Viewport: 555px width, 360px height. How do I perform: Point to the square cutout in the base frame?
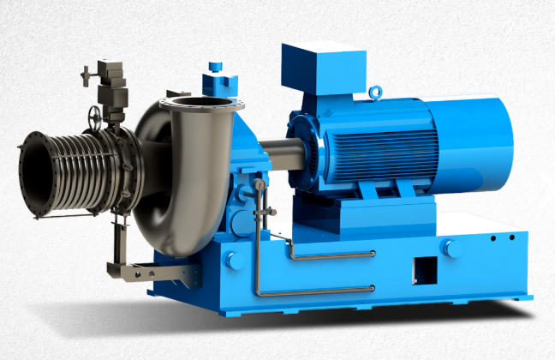pyautogui.click(x=425, y=267)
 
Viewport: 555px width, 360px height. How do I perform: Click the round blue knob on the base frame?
pyautogui.click(x=448, y=248)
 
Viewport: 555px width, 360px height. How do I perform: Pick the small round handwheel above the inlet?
pyautogui.click(x=94, y=115)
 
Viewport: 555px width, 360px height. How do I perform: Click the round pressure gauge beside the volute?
pyautogui.click(x=259, y=185)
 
